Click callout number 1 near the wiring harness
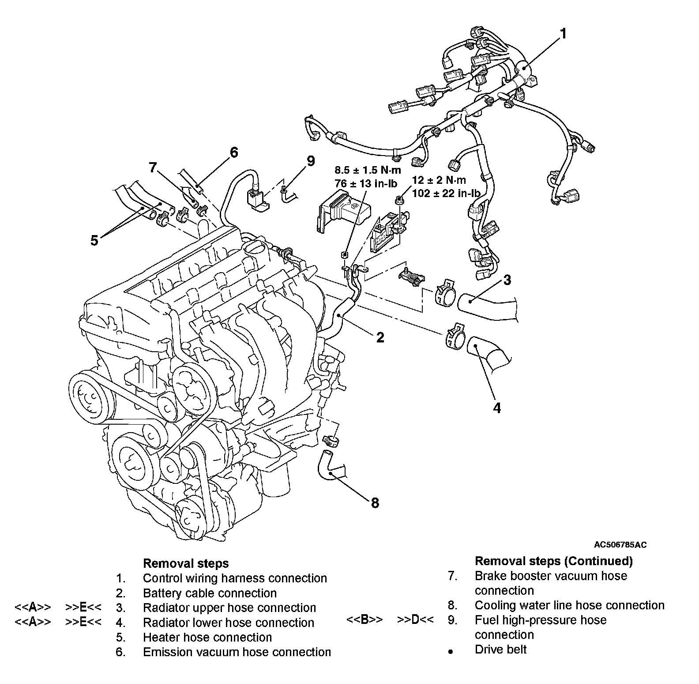pyautogui.click(x=563, y=34)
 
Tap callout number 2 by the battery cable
pyautogui.click(x=380, y=338)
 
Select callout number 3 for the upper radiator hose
pyautogui.click(x=507, y=280)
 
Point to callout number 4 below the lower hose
pyautogui.click(x=497, y=408)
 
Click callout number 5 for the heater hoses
pyautogui.click(x=94, y=241)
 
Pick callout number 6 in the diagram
pyautogui.click(x=233, y=152)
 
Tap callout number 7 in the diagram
pyautogui.click(x=153, y=167)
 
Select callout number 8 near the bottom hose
pyautogui.click(x=375, y=502)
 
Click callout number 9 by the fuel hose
pyautogui.click(x=311, y=161)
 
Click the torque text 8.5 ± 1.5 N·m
pyautogui.click(x=368, y=171)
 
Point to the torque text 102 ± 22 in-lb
pyautogui.click(x=446, y=193)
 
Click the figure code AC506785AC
pyautogui.click(x=620, y=545)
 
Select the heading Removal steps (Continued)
pyautogui.click(x=553, y=561)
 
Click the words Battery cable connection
pyautogui.click(x=210, y=593)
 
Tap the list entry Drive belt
pyautogui.click(x=500, y=650)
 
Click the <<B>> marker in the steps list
pyautogui.click(x=365, y=620)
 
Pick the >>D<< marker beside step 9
pyautogui.click(x=415, y=620)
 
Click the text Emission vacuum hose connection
pyautogui.click(x=237, y=652)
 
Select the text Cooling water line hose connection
pyautogui.click(x=569, y=605)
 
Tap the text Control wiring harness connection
pyautogui.click(x=235, y=578)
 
